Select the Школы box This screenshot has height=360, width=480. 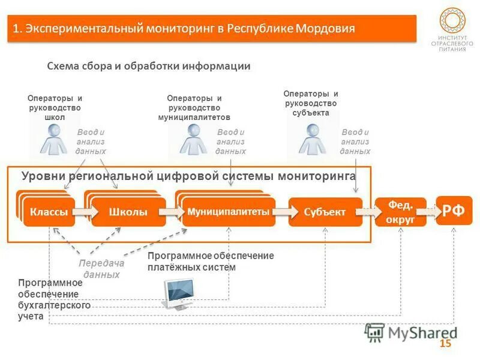(x=128, y=212)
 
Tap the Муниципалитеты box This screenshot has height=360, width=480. (x=228, y=212)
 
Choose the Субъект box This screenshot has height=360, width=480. (x=325, y=212)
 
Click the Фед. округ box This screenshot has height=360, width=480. (x=400, y=212)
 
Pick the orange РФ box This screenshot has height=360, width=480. (x=454, y=211)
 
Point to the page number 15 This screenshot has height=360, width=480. (x=445, y=344)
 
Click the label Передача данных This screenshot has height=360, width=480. (x=101, y=269)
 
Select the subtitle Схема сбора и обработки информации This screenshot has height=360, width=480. (x=148, y=67)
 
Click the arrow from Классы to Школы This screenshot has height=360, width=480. (x=83, y=212)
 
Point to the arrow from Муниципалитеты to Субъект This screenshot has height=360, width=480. (x=282, y=212)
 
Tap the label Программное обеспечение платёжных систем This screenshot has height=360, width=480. (x=210, y=262)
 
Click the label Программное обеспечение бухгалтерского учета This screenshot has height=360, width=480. (x=54, y=299)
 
